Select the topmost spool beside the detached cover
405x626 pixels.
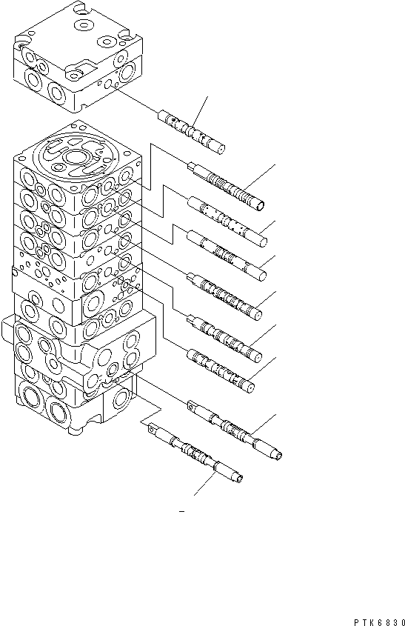coord(190,131)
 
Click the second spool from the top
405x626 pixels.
coord(225,187)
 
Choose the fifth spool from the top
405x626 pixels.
coord(226,296)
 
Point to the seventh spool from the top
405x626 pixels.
coord(221,367)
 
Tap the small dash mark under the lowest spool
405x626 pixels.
coord(181,511)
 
